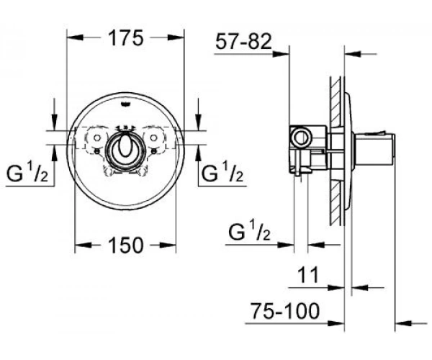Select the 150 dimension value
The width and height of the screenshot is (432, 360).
tap(126, 246)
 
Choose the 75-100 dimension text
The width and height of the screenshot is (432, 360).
tap(284, 310)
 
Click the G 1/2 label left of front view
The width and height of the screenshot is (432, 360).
tap(27, 174)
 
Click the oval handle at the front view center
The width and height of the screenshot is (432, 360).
tap(126, 147)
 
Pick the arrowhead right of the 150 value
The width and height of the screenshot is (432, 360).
tap(171, 246)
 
